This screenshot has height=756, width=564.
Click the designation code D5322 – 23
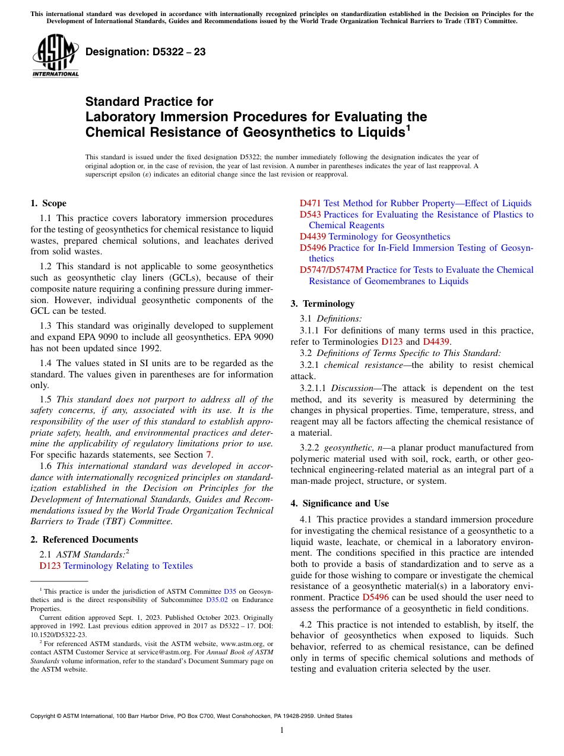click(145, 52)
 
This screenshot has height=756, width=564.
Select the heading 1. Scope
click(49, 203)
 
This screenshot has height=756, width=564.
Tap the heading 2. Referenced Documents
click(84, 540)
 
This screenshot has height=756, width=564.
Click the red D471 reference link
click(310, 203)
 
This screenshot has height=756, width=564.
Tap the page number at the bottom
click(282, 730)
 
